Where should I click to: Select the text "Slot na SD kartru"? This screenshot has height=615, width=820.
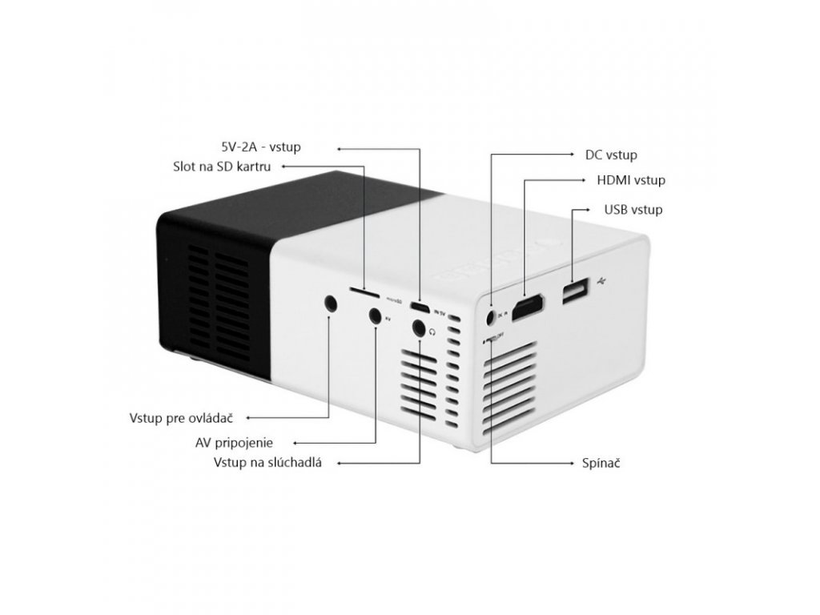[x=222, y=167]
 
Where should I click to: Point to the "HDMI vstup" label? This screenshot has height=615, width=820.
[x=631, y=180]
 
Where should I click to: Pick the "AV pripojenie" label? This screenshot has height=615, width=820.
[x=234, y=442]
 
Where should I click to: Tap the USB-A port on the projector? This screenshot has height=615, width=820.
[x=573, y=291]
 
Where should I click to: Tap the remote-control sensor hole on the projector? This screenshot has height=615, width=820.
[x=331, y=303]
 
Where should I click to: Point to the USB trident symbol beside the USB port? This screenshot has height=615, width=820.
[x=605, y=281]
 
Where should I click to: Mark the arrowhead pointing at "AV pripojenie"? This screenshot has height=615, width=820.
[x=296, y=442]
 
